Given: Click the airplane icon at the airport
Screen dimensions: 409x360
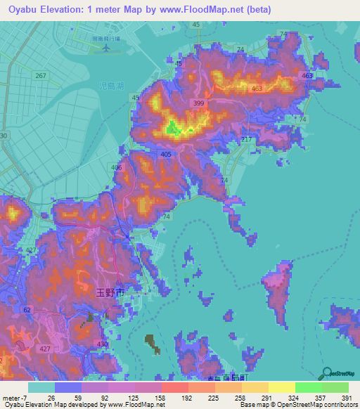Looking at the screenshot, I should click(106, 48).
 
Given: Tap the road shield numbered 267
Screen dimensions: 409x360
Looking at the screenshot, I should click(41, 76).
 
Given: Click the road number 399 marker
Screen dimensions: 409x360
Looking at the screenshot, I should click(200, 103).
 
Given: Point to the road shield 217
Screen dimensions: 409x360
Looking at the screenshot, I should click(246, 141).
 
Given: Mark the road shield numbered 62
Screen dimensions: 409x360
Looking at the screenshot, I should click(27, 309).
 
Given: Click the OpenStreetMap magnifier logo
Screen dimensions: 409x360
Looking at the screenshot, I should click(328, 372).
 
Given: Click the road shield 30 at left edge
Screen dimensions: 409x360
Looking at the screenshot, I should click(4, 135).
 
